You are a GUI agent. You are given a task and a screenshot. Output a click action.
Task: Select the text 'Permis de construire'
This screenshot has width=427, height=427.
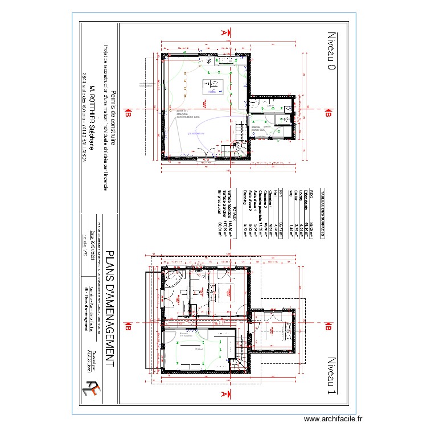112,119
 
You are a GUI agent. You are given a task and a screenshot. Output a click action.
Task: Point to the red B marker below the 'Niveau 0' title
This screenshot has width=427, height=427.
327,114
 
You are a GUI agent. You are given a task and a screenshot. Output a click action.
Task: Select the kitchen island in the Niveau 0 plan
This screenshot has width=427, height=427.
212,88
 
